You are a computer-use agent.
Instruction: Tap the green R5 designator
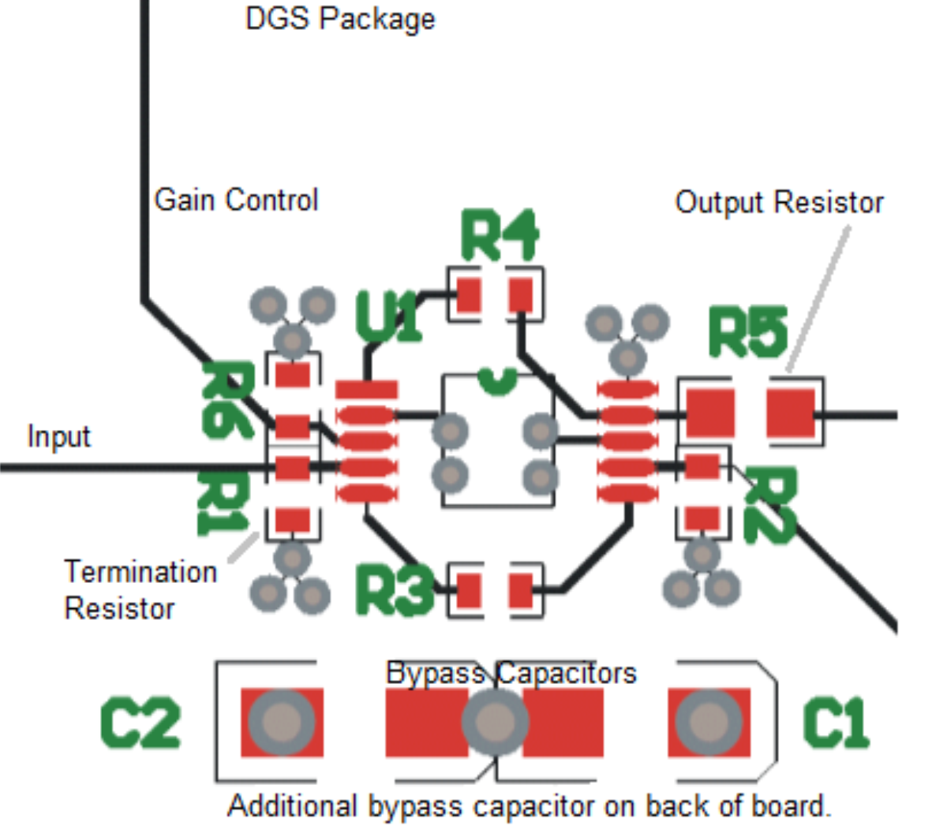(747, 331)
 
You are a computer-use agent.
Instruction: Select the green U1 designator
(387, 317)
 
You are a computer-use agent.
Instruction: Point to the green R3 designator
(394, 589)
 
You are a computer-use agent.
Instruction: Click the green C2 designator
(140, 723)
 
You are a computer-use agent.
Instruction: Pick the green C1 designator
(836, 723)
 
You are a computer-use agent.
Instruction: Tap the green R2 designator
(770, 505)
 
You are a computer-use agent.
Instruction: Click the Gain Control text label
(236, 200)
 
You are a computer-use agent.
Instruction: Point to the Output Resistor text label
(779, 203)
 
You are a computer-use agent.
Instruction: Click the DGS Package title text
(340, 19)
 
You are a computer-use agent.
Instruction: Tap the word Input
(58, 436)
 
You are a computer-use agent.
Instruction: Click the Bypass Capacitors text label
(511, 673)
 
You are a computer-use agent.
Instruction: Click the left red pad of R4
(469, 295)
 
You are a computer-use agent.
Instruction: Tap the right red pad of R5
(791, 413)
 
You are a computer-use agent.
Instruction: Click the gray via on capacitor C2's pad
(281, 722)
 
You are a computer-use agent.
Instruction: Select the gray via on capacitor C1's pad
(709, 722)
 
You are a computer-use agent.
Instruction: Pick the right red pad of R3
(521, 590)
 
